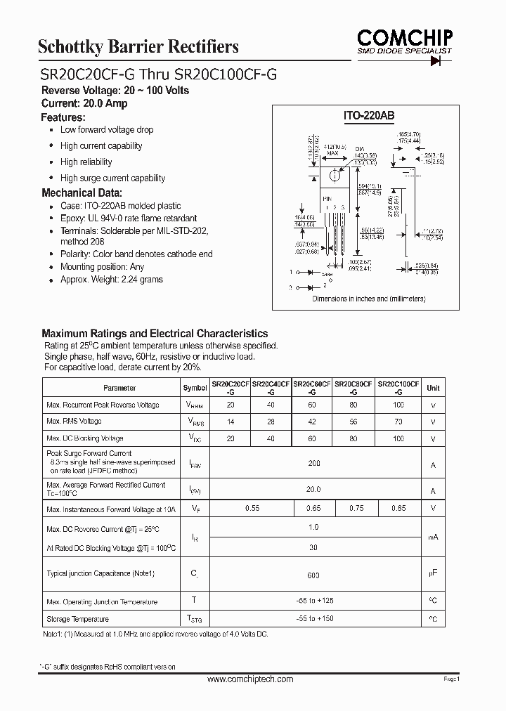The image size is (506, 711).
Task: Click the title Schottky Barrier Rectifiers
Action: click(x=138, y=47)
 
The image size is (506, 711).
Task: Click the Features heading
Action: click(x=63, y=117)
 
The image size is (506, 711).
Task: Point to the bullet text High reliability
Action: click(x=86, y=162)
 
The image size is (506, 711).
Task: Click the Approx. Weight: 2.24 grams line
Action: click(x=111, y=280)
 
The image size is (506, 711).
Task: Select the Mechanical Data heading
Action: click(x=82, y=193)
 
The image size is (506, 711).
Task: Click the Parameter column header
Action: click(x=119, y=388)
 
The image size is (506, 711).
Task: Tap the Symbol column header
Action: click(x=195, y=388)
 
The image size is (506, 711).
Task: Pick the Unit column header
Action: click(x=433, y=388)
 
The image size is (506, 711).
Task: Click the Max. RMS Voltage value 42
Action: click(x=313, y=422)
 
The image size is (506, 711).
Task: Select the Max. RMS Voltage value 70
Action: click(x=398, y=422)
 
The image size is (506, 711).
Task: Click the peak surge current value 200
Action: click(x=313, y=464)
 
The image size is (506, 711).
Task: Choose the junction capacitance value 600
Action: click(x=313, y=575)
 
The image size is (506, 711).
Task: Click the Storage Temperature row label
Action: click(x=77, y=619)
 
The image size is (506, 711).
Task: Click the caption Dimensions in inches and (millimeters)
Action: click(x=369, y=299)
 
